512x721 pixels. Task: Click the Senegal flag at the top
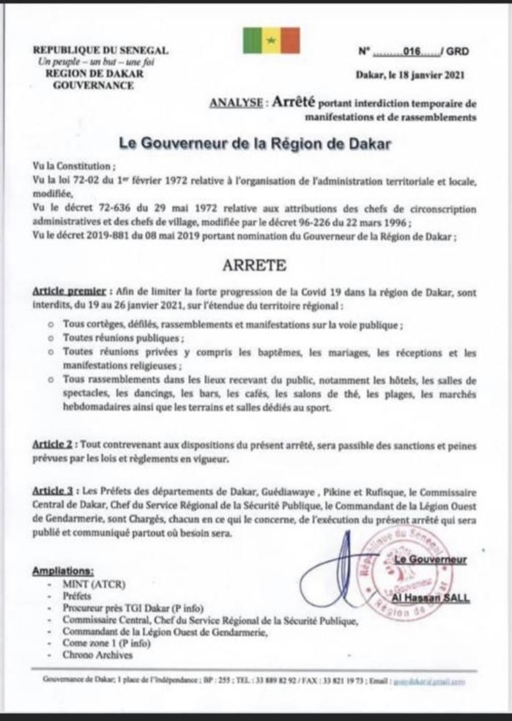[271, 40]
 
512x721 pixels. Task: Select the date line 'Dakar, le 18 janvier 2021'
[409, 75]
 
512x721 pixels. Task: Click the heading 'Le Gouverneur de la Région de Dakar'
[256, 144]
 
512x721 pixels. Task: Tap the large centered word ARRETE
[255, 264]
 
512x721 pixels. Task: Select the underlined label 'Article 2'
[54, 445]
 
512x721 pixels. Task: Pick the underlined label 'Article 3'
[54, 489]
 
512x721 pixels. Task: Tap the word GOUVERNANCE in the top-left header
[94, 85]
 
